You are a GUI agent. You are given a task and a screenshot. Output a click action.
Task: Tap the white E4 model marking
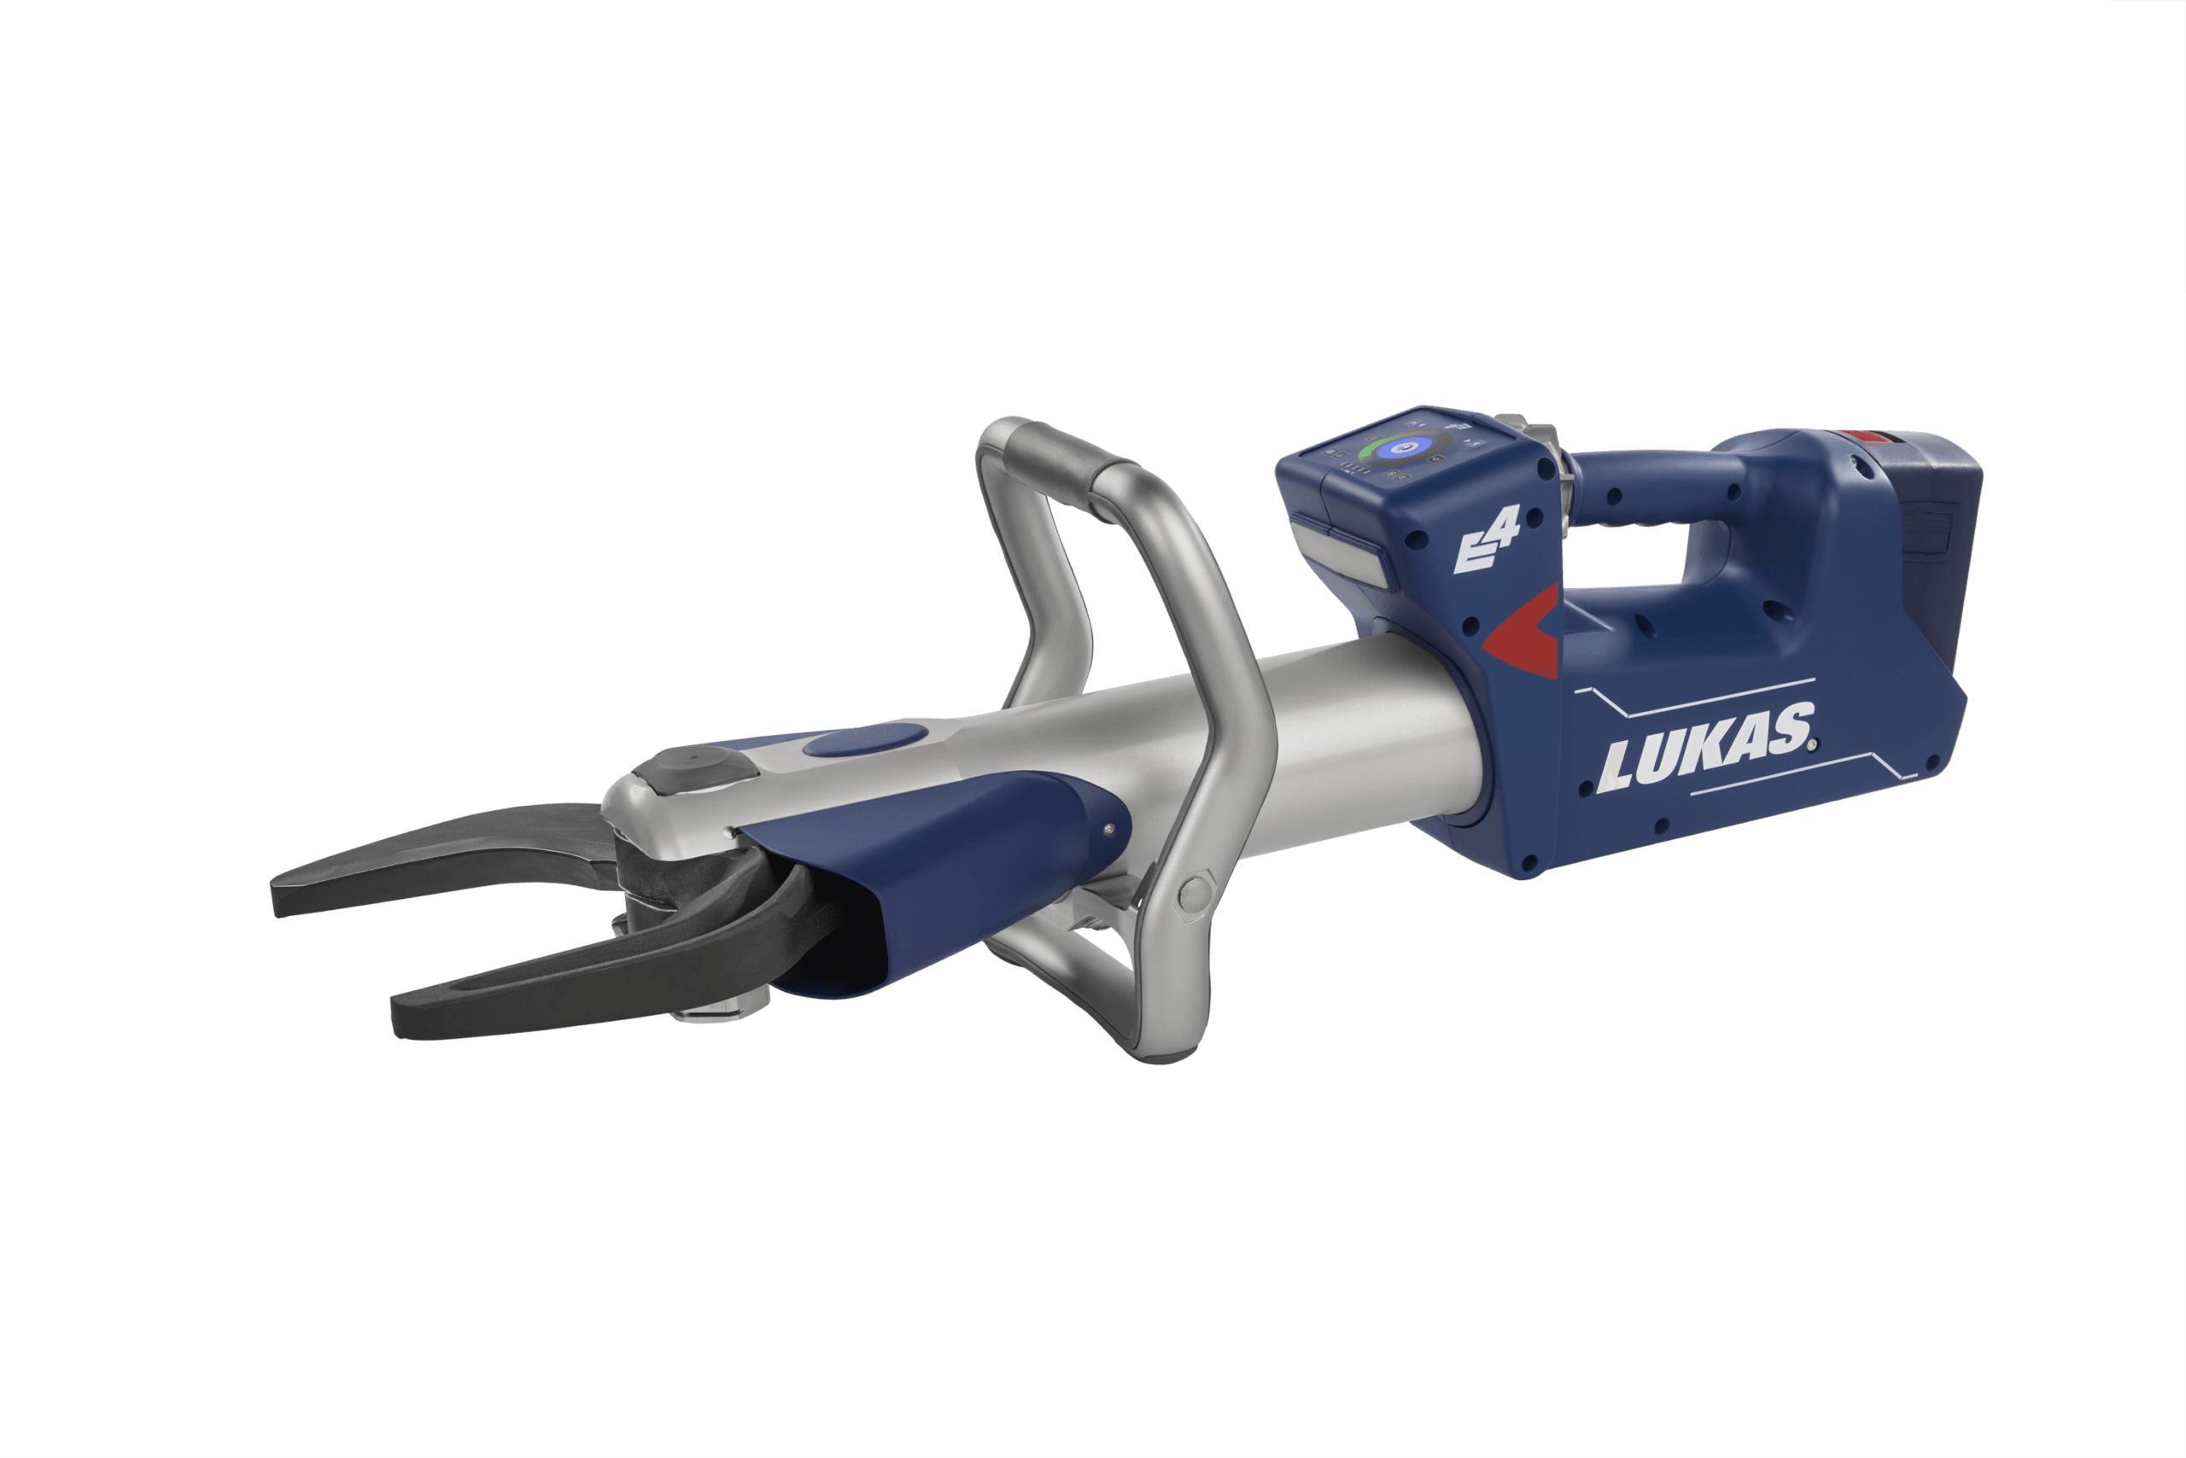tap(1486, 540)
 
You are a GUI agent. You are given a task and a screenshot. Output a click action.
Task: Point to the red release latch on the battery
tap(1863, 438)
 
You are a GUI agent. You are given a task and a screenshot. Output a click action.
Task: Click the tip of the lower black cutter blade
tap(396, 1022)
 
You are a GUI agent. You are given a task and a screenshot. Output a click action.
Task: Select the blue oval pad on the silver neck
tap(865, 740)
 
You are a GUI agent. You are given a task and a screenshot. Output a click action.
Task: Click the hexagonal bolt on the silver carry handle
tap(1194, 895)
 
